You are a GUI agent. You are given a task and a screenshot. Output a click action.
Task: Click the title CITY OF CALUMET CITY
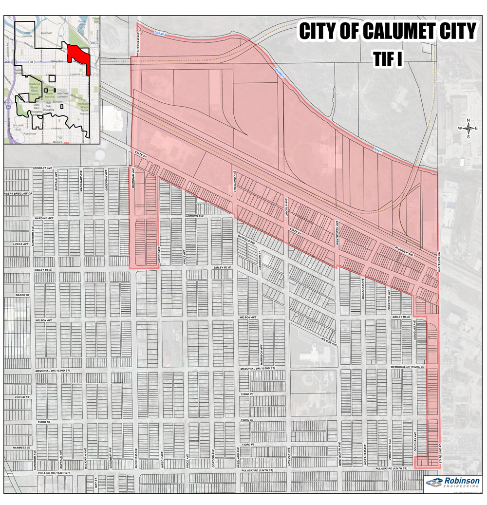point(387,32)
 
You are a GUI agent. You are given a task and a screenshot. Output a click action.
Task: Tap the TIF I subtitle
point(388,58)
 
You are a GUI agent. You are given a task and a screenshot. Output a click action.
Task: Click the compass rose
point(468,129)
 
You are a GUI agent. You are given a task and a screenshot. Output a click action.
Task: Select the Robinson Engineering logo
point(452,482)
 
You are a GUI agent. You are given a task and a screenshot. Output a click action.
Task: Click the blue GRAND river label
point(158,34)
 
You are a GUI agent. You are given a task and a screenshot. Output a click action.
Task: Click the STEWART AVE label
point(42,168)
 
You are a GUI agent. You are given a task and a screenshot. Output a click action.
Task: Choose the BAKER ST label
point(22,295)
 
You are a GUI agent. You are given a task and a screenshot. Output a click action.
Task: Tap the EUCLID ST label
point(22,397)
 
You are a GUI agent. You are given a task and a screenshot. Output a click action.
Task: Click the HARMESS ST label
point(22,447)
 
